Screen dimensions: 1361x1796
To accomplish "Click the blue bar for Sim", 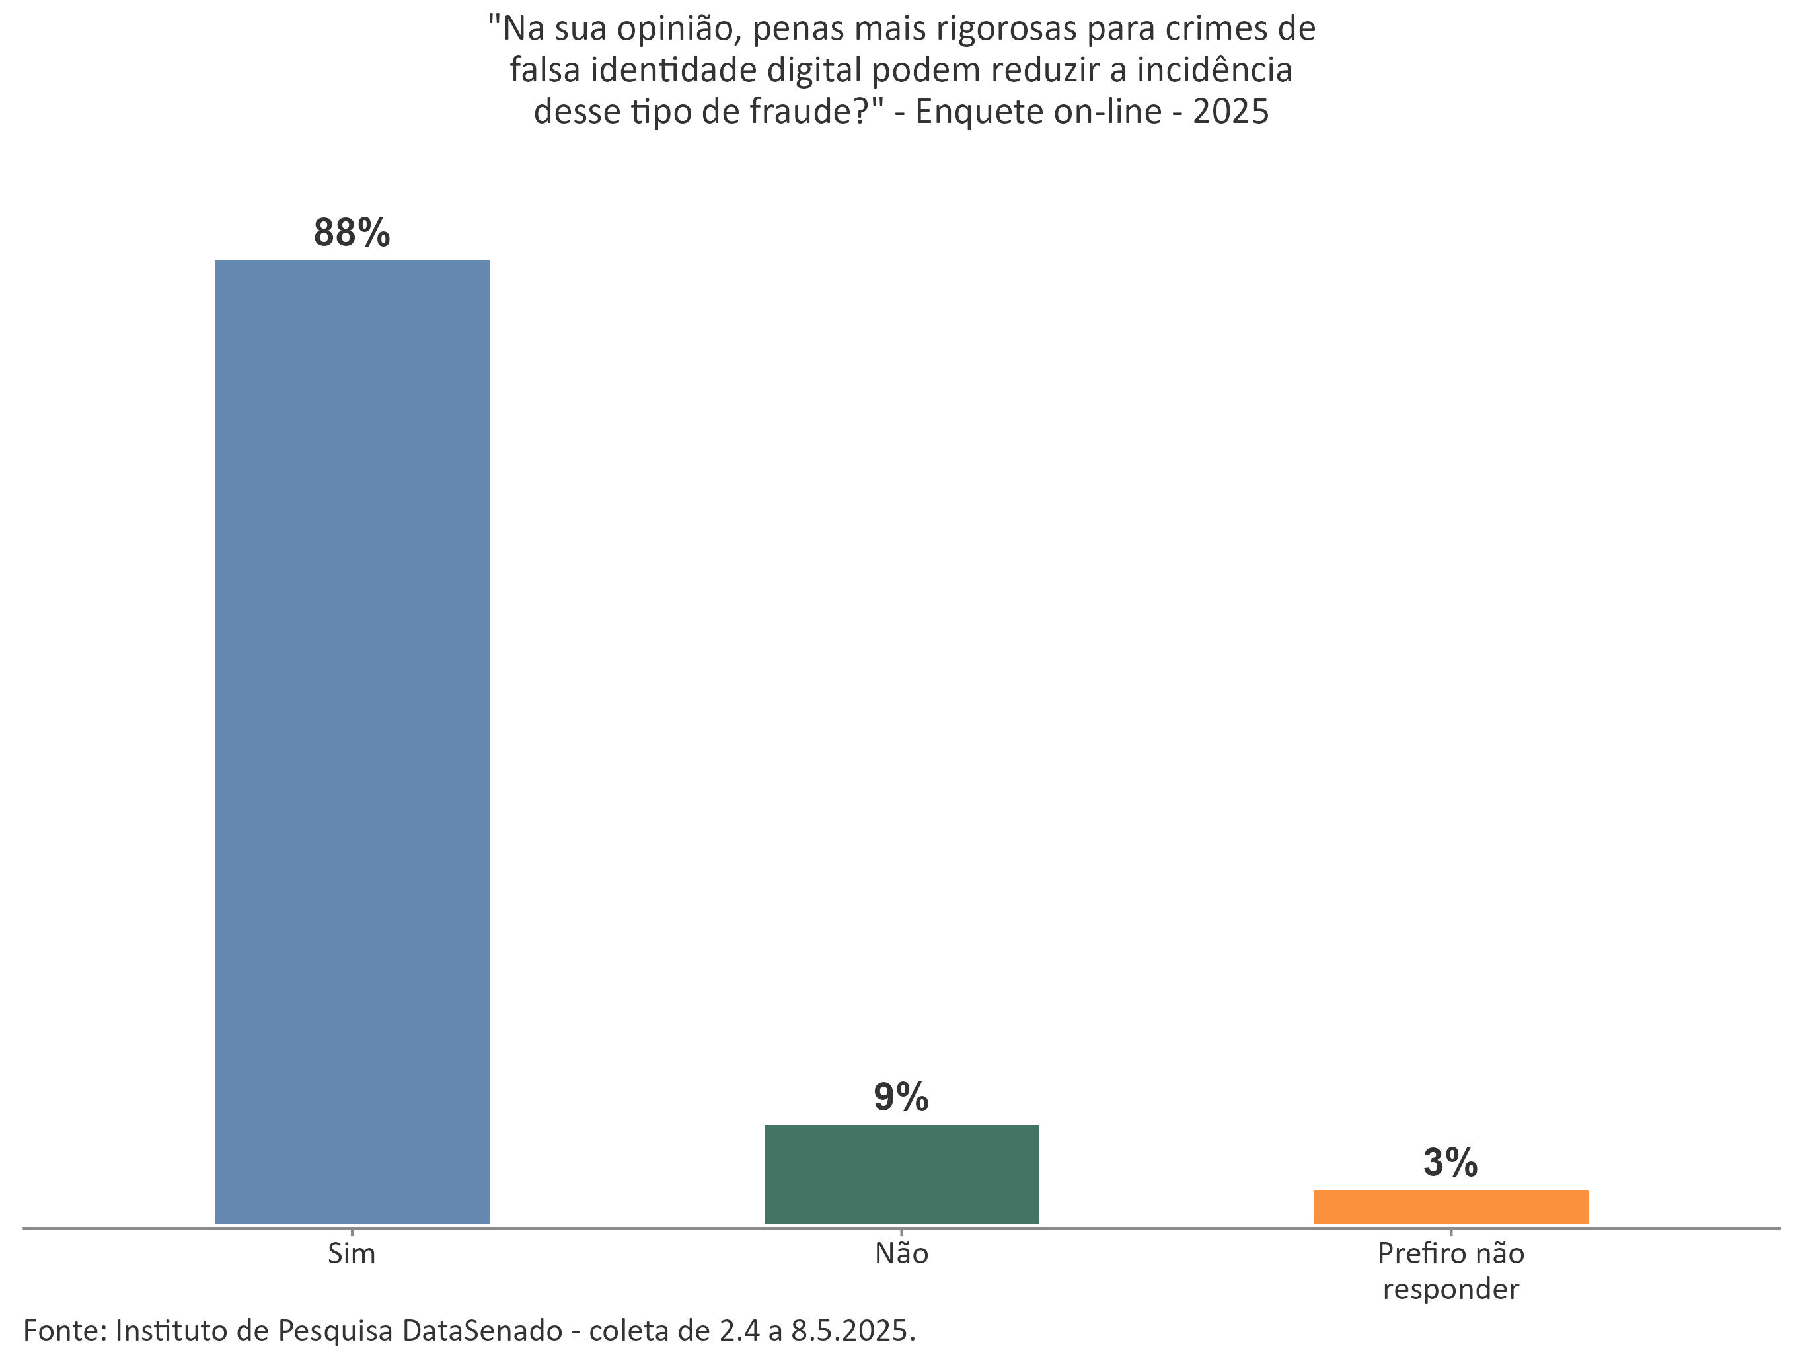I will pos(352,740).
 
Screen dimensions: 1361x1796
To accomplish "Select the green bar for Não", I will pos(901,1173).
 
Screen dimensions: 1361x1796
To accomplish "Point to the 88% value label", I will pos(352,233).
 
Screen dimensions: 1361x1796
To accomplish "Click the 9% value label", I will pos(901,1097).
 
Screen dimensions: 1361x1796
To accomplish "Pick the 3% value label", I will pos(1450,1162).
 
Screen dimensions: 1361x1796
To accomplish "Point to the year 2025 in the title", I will pos(1230,111).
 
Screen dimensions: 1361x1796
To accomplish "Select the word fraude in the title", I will pos(799,111).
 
